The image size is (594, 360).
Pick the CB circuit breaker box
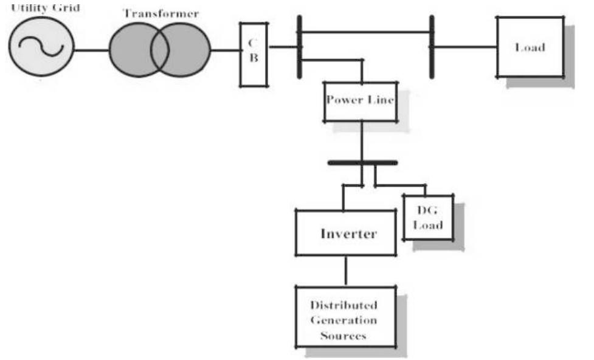(x=253, y=54)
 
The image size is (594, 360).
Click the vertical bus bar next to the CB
(x=299, y=47)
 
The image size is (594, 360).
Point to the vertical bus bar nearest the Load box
(x=432, y=47)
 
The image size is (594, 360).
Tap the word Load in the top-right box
(x=530, y=47)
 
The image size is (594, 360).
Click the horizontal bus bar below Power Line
(x=362, y=163)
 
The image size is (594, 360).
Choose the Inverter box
(x=345, y=234)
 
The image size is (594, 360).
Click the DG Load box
(x=428, y=217)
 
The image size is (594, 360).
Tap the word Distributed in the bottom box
(x=344, y=305)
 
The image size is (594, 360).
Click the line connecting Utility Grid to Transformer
(x=92, y=50)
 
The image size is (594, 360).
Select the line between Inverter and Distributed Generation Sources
(x=346, y=270)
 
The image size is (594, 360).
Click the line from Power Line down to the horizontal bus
(x=363, y=141)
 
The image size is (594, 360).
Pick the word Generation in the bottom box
(x=344, y=320)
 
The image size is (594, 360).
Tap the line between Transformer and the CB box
(x=225, y=50)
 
